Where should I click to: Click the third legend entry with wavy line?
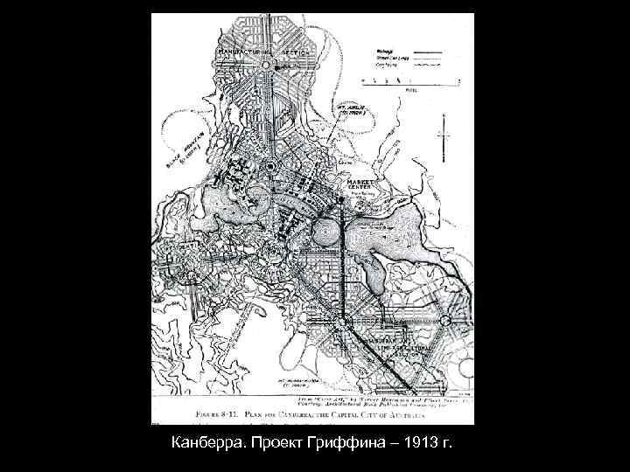385,63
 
